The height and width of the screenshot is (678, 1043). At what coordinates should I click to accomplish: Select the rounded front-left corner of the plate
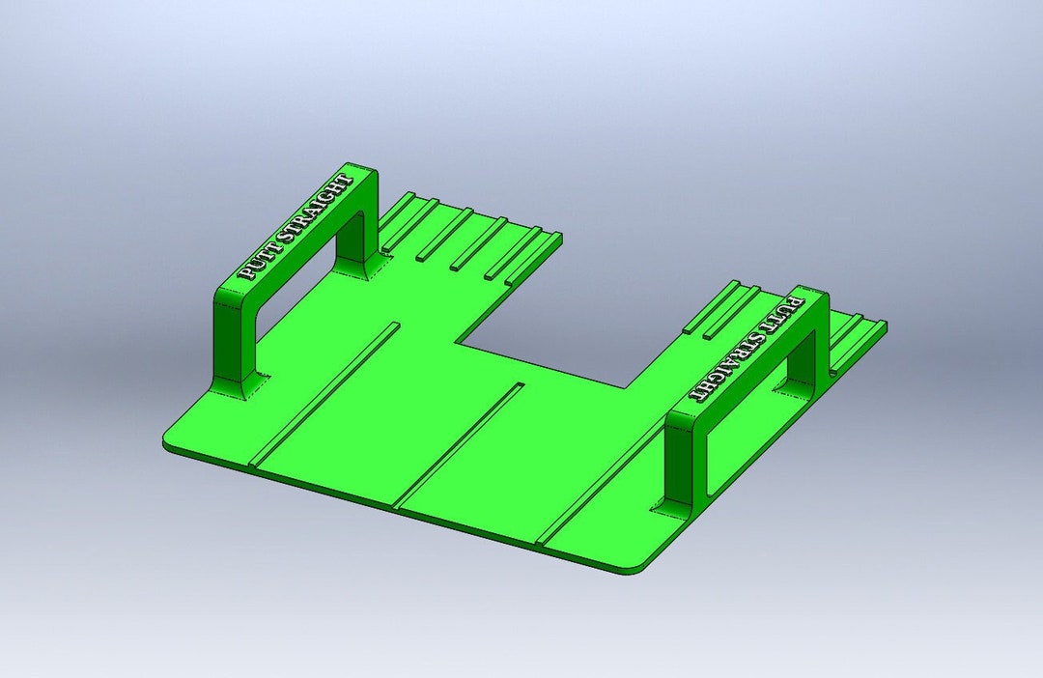(x=168, y=439)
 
